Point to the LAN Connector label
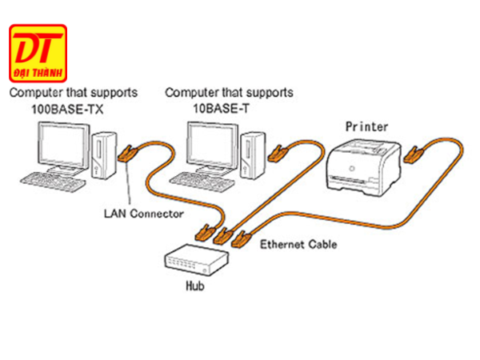pos(144,214)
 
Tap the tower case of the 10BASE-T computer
pos(255,152)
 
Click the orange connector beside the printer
pos(413,154)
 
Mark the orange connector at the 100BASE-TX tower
pos(128,154)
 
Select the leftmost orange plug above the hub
pos(203,233)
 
